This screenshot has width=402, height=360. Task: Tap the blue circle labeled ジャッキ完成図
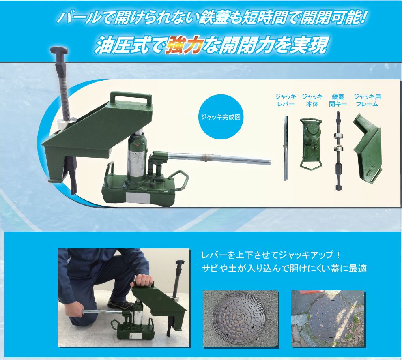click(x=221, y=117)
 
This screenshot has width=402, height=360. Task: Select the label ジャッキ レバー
click(x=286, y=100)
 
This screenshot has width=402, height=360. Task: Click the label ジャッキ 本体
click(x=312, y=100)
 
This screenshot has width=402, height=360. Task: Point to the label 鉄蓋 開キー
click(x=338, y=100)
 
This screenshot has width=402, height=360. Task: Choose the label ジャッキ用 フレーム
click(x=367, y=100)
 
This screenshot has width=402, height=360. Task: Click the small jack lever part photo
click(x=286, y=148)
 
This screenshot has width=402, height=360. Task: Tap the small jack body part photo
click(x=311, y=143)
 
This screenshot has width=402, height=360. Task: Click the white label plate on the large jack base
click(x=138, y=198)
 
